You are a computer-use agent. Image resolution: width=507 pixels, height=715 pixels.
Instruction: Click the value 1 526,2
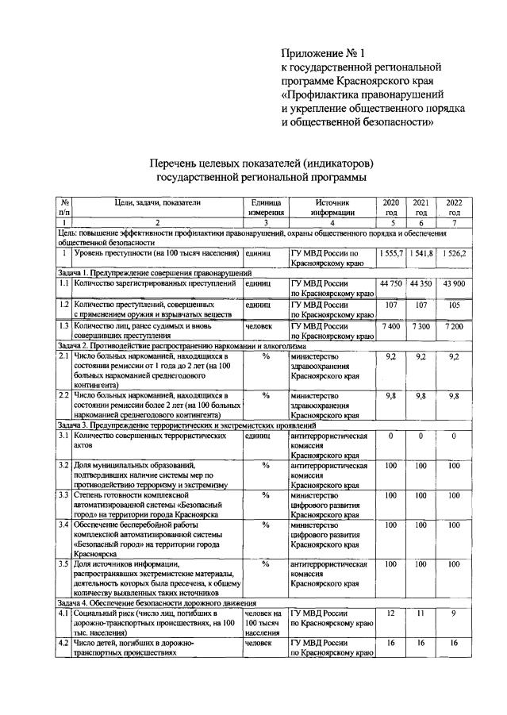coord(453,252)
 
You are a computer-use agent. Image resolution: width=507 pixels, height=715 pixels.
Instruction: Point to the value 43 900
coord(453,283)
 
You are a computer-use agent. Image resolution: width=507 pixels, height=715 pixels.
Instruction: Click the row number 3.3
coord(63,495)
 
